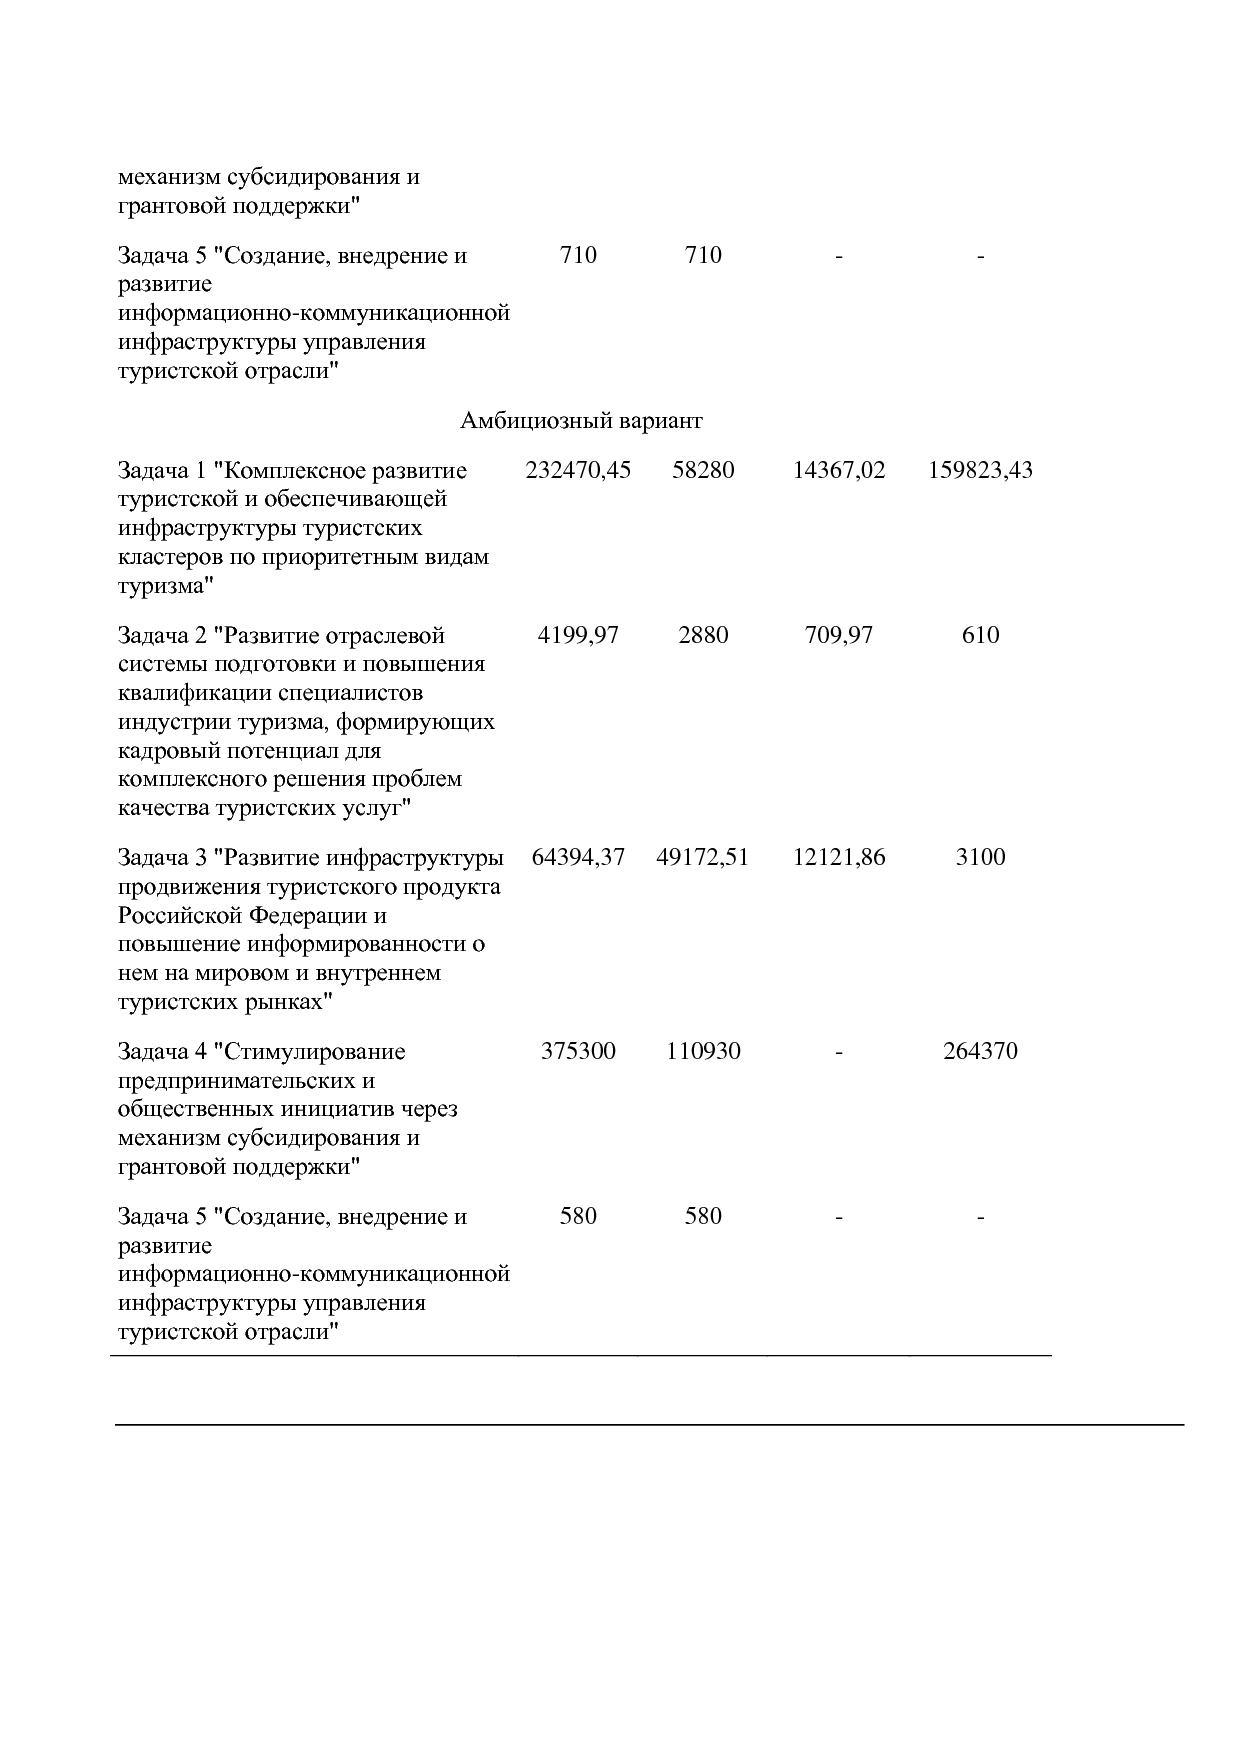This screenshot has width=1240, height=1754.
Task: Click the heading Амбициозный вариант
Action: (x=581, y=421)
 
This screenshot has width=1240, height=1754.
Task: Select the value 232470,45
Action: (x=578, y=470)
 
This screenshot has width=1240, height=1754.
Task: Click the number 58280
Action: (x=702, y=470)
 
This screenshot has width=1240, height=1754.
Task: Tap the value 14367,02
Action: (x=838, y=470)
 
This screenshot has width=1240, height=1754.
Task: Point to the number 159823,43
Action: (x=979, y=470)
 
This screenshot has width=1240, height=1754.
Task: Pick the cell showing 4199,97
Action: (x=578, y=635)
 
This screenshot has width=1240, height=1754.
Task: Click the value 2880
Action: (x=702, y=635)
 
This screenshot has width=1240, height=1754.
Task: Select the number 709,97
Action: (x=838, y=635)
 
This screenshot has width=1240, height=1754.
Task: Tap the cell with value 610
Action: (x=979, y=635)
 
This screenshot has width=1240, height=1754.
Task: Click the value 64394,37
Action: (x=578, y=857)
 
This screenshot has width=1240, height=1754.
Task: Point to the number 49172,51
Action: (x=702, y=857)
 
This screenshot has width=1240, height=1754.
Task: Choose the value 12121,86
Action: (x=838, y=857)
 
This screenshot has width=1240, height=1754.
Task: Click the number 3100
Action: (x=979, y=857)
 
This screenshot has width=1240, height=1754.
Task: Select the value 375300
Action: (x=578, y=1051)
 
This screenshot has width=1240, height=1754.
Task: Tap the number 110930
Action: (x=702, y=1051)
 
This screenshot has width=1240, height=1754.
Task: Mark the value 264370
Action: (x=979, y=1051)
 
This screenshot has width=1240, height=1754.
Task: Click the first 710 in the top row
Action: (x=578, y=255)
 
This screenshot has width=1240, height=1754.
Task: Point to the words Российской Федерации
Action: (x=252, y=916)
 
